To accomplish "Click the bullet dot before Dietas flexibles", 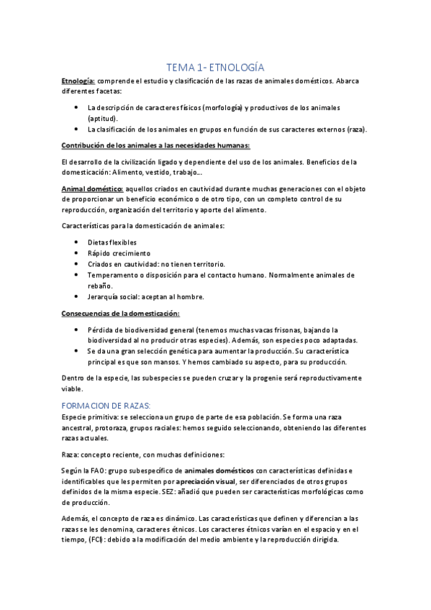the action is [x=76, y=242].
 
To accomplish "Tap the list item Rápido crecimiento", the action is [x=119, y=253].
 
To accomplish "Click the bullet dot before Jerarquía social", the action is [x=76, y=296].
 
